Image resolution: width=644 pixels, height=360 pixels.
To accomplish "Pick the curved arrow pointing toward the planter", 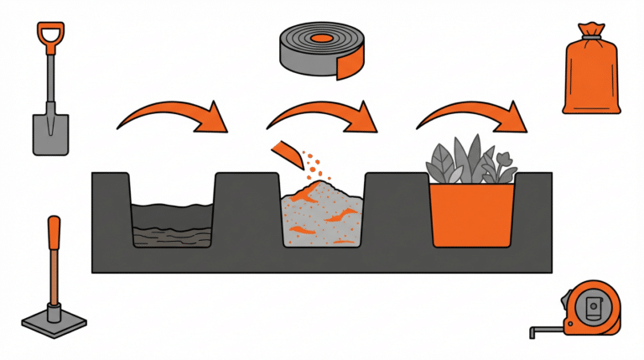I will click(475, 117).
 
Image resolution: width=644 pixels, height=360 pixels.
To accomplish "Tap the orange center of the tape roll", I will click(320, 39).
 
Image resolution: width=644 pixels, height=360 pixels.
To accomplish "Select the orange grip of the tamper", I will click(55, 236).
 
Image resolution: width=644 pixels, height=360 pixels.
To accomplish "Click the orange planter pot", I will click(471, 215).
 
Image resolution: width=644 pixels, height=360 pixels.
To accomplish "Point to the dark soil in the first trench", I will click(173, 225).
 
